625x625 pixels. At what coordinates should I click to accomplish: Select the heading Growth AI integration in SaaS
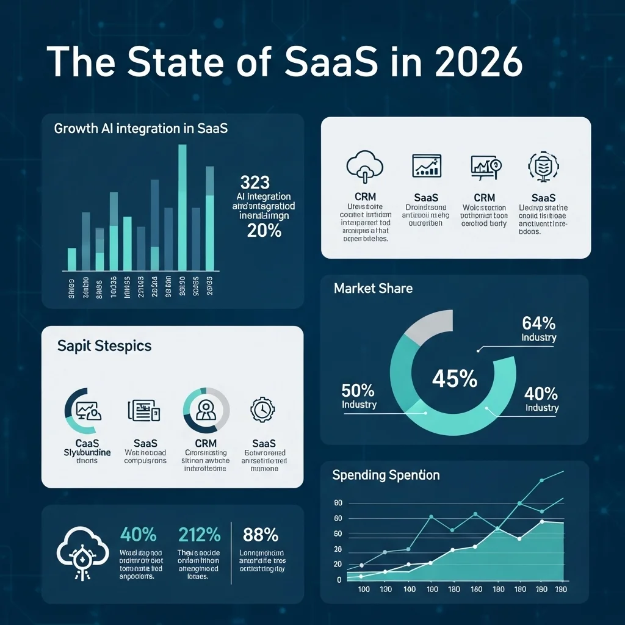[x=141, y=129]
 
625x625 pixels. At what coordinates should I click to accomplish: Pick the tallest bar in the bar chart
[x=182, y=208]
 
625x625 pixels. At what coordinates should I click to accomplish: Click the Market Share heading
[x=373, y=288]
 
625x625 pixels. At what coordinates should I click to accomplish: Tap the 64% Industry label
[x=539, y=328]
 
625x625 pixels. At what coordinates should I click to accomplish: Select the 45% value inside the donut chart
[x=454, y=379]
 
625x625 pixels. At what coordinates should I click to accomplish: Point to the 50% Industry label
[x=359, y=396]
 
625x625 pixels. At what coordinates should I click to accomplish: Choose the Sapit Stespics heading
[x=104, y=346]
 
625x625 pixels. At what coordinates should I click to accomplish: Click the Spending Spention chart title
[x=386, y=475]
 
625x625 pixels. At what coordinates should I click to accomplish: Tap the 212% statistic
[x=200, y=535]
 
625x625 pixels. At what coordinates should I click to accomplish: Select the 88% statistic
[x=261, y=535]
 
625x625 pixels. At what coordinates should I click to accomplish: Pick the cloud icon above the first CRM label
[x=364, y=166]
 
